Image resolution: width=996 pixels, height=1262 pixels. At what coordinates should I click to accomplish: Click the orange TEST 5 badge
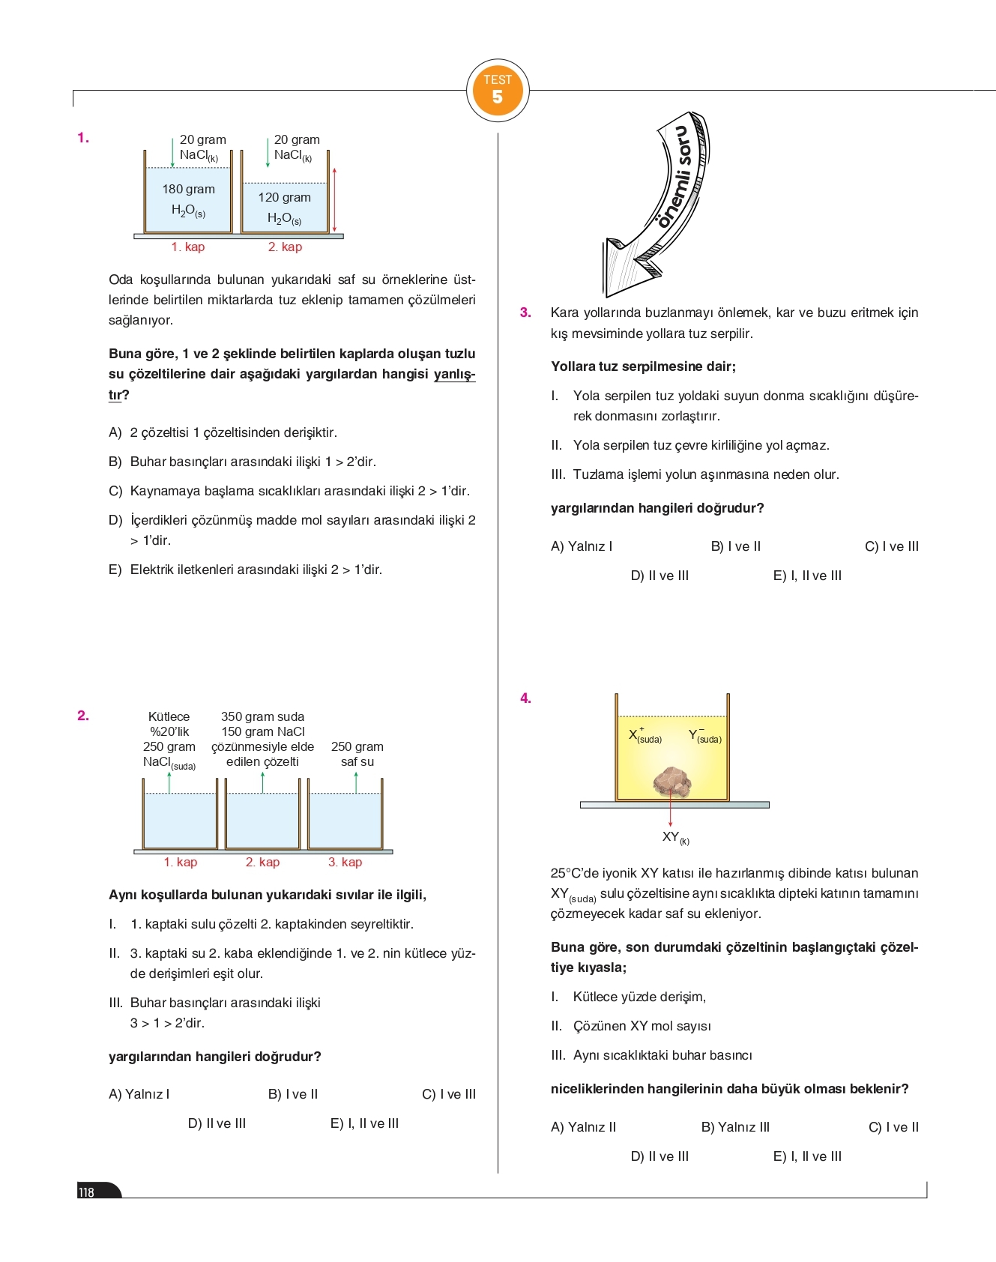point(498,91)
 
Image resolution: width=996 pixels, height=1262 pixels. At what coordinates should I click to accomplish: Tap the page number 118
point(87,1192)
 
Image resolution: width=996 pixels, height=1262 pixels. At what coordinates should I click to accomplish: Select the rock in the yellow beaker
point(672,781)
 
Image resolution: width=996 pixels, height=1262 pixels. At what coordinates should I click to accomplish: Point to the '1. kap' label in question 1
point(187,247)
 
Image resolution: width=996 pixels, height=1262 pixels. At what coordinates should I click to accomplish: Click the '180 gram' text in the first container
point(188,190)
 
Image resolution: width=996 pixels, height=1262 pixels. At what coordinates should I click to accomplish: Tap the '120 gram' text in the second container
point(284,198)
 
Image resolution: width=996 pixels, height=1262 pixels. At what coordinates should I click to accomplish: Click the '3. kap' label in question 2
point(345,862)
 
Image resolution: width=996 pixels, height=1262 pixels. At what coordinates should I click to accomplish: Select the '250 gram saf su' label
point(357,754)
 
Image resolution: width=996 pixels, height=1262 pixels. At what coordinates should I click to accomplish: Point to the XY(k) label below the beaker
point(674,837)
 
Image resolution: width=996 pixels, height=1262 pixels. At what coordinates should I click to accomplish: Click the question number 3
point(525,313)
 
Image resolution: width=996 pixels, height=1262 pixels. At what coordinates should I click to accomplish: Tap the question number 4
point(525,698)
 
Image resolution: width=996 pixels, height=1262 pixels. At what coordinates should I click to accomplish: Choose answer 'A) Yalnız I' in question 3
point(581,546)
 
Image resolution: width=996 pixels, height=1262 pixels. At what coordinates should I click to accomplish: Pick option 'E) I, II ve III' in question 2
point(364,1123)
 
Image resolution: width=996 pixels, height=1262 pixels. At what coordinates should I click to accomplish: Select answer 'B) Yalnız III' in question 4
point(734,1127)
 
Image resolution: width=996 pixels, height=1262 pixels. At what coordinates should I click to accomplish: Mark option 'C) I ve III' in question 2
point(448,1094)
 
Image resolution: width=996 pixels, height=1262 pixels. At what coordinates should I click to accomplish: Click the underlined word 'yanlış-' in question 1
point(454,374)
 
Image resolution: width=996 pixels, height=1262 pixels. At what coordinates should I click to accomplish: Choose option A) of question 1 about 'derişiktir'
point(223,432)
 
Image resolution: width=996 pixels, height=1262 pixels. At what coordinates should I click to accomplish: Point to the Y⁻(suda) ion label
point(704,736)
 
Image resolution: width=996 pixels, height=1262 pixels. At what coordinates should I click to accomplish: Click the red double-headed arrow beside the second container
point(334,200)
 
